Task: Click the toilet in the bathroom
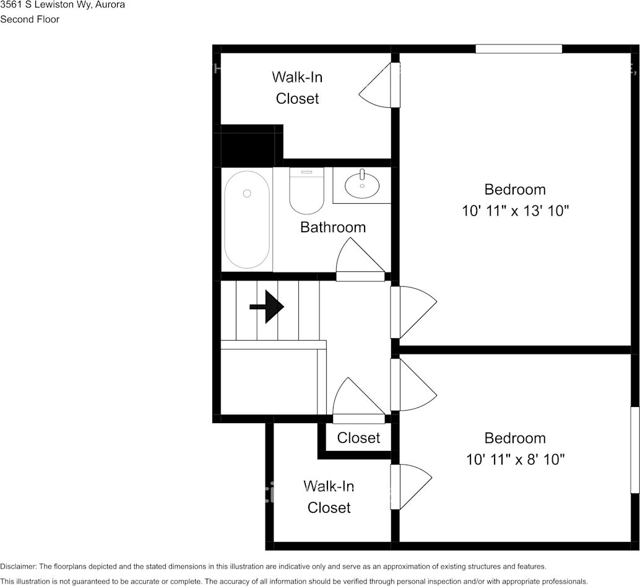pos(306,191)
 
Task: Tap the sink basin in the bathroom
pos(362,185)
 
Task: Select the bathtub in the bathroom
pos(247,220)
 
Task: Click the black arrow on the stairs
pos(267,307)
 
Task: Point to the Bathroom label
pos(333,227)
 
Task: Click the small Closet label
pos(358,438)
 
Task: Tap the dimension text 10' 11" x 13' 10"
pos(515,211)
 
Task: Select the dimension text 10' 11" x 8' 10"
pos(515,460)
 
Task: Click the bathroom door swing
pos(360,260)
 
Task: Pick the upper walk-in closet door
pos(379,85)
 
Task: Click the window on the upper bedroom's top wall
pos(519,48)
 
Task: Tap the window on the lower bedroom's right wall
pos(635,450)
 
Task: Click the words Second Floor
pos(30,19)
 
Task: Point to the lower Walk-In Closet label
pos(329,497)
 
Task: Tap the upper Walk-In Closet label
pos(297,87)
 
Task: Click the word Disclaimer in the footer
pos(19,566)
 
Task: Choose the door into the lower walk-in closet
pos(411,487)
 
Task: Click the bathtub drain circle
pos(247,193)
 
